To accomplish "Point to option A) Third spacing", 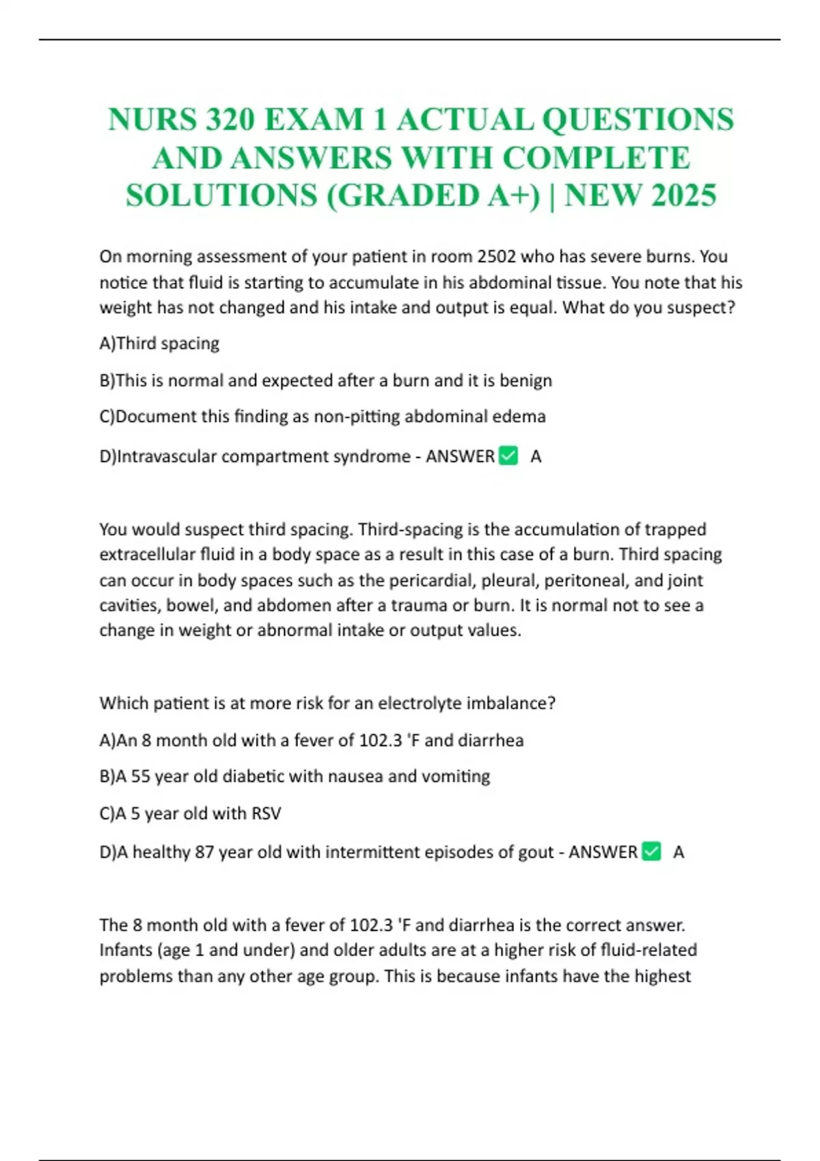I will tap(159, 343).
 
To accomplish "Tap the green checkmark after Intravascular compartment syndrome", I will tap(508, 456).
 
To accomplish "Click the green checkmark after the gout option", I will tap(652, 852).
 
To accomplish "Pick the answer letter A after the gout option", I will tap(679, 852).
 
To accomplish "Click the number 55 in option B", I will tap(140, 777).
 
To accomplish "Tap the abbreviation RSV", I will tap(266, 813).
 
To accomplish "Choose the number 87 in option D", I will tap(204, 852).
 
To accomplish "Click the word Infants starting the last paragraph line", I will tap(126, 951).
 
